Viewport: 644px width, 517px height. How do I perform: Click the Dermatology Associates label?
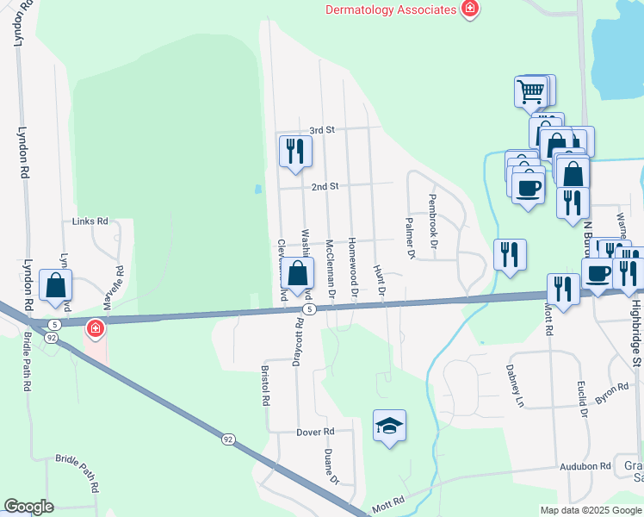[390, 9]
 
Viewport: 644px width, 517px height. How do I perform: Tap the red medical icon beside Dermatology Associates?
[470, 9]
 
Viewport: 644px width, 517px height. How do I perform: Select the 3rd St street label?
[321, 130]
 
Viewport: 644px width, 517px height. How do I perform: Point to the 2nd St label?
[325, 186]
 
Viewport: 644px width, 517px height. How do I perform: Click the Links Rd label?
[90, 221]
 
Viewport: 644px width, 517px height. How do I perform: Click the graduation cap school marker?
[389, 425]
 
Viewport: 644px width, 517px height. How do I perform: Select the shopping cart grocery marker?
[530, 90]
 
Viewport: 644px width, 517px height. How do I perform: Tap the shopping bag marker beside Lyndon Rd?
[55, 285]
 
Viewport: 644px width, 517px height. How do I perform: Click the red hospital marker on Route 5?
[94, 328]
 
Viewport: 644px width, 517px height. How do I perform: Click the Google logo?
[28, 507]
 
